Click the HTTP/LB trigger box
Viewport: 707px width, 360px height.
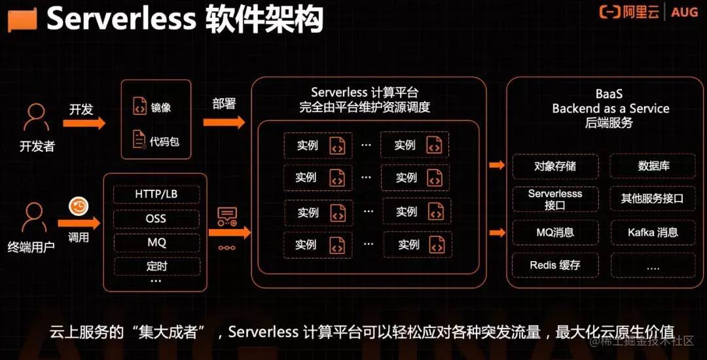pyautogui.click(x=156, y=194)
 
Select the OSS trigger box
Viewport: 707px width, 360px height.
pyautogui.click(x=156, y=219)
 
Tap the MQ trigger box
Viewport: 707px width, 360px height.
pyautogui.click(x=156, y=242)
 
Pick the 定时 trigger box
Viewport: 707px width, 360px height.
pyautogui.click(x=156, y=266)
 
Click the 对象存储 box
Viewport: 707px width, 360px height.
pyautogui.click(x=554, y=166)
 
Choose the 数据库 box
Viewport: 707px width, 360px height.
pyautogui.click(x=653, y=166)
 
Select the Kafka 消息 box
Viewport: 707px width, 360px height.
pyautogui.click(x=653, y=232)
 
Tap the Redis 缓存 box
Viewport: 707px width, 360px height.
pyautogui.click(x=554, y=265)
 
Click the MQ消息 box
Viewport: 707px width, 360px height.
pyautogui.click(x=554, y=232)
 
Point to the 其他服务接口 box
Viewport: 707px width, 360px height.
pyautogui.click(x=653, y=198)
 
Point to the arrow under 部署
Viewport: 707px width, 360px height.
pyautogui.click(x=224, y=122)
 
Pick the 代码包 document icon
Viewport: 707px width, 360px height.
pyautogui.click(x=139, y=140)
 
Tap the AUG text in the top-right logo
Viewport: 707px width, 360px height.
pyautogui.click(x=684, y=12)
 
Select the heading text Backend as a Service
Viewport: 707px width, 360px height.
pyautogui.click(x=610, y=109)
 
